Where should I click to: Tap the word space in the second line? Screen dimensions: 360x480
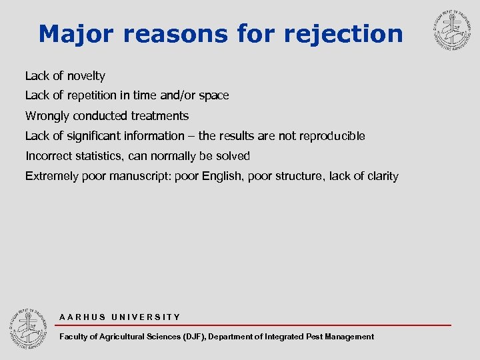tap(213, 96)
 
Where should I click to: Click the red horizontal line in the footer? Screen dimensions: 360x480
tap(253, 325)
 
